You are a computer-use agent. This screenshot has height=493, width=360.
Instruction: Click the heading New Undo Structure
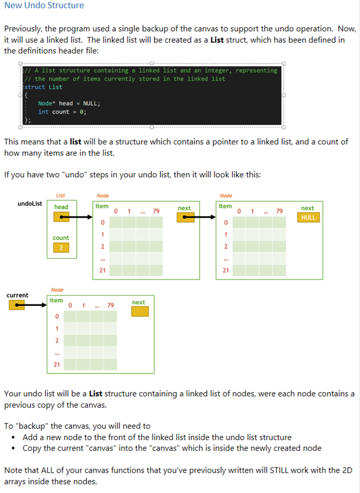pyautogui.click(x=44, y=6)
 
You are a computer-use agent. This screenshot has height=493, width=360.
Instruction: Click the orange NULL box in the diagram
pyautogui.click(x=307, y=218)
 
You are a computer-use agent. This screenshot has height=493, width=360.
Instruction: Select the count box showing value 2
pyautogui.click(x=61, y=248)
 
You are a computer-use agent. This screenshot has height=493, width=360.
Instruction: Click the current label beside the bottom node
pyautogui.click(x=17, y=296)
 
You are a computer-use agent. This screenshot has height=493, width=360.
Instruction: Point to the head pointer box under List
pyautogui.click(x=61, y=218)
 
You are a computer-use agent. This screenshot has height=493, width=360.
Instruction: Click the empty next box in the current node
pyautogui.click(x=140, y=312)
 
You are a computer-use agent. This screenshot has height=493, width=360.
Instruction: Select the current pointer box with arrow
pyautogui.click(x=17, y=306)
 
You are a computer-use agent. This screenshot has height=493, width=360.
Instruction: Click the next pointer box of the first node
pyautogui.click(x=185, y=218)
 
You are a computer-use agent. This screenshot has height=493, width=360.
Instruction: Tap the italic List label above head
pyautogui.click(x=61, y=196)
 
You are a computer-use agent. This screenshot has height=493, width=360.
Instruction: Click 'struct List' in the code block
pyautogui.click(x=43, y=87)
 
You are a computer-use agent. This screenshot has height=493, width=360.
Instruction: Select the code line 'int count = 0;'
pyautogui.click(x=62, y=112)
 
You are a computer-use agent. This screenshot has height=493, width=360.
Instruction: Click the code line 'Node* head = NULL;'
pyautogui.click(x=69, y=103)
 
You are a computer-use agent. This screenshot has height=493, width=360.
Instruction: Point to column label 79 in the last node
pyautogui.click(x=279, y=211)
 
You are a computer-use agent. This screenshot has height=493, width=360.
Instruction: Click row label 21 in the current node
pyautogui.click(x=57, y=364)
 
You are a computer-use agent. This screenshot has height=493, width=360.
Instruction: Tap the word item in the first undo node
pyautogui.click(x=102, y=206)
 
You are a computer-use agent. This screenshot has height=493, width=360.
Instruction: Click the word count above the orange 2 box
pyautogui.click(x=61, y=238)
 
